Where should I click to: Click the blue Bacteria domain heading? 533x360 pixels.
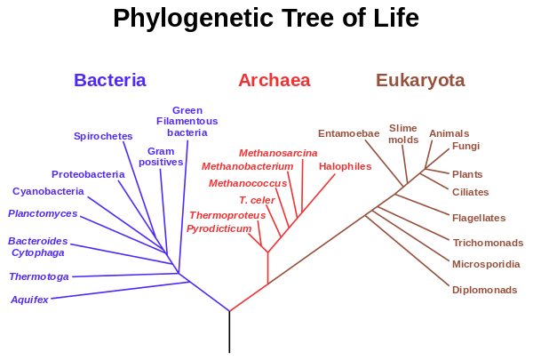[x=110, y=80]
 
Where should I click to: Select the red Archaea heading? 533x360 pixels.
[x=274, y=80]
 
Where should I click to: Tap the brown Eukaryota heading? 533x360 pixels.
[x=420, y=80]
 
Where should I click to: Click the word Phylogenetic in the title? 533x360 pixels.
[x=193, y=19]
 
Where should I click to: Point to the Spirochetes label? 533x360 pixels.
[x=103, y=136]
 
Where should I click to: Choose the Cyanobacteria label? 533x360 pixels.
[x=48, y=191]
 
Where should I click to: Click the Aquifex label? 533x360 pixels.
[x=29, y=300]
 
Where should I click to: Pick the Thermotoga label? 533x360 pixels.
[x=39, y=276]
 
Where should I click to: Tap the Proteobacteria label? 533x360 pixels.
[x=88, y=174]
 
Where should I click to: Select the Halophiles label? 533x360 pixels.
[x=345, y=166]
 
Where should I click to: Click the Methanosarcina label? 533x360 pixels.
[x=278, y=153]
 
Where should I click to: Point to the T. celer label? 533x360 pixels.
[x=257, y=200]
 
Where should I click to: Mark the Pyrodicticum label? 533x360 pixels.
[x=219, y=228]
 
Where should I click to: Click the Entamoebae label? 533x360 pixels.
[x=349, y=133]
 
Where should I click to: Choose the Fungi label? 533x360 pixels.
[x=465, y=146]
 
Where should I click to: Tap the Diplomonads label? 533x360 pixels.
[x=484, y=290]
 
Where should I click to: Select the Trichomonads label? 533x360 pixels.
[x=488, y=243]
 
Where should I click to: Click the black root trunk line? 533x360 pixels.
[x=229, y=332]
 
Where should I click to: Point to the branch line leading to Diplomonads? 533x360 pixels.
[x=407, y=251]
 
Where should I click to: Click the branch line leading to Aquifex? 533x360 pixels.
[x=120, y=291]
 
